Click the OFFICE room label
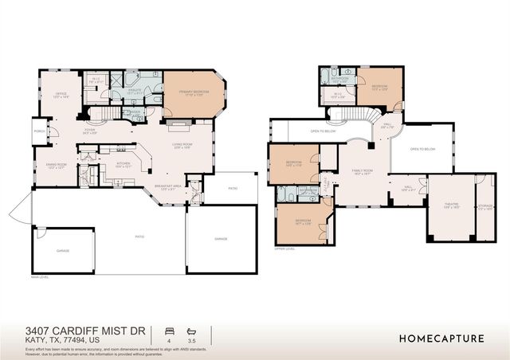(x=61, y=94)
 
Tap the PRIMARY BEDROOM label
(x=194, y=92)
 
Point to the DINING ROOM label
(x=55, y=166)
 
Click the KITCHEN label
(x=123, y=165)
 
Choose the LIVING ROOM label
(x=183, y=145)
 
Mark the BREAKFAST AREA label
(x=165, y=187)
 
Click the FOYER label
(x=89, y=131)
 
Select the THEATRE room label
(x=451, y=205)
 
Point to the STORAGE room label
(x=485, y=205)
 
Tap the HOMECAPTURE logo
(x=441, y=338)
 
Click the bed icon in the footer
(x=168, y=330)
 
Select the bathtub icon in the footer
(x=190, y=330)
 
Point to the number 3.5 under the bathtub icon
(x=190, y=340)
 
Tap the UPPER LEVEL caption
(x=284, y=248)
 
